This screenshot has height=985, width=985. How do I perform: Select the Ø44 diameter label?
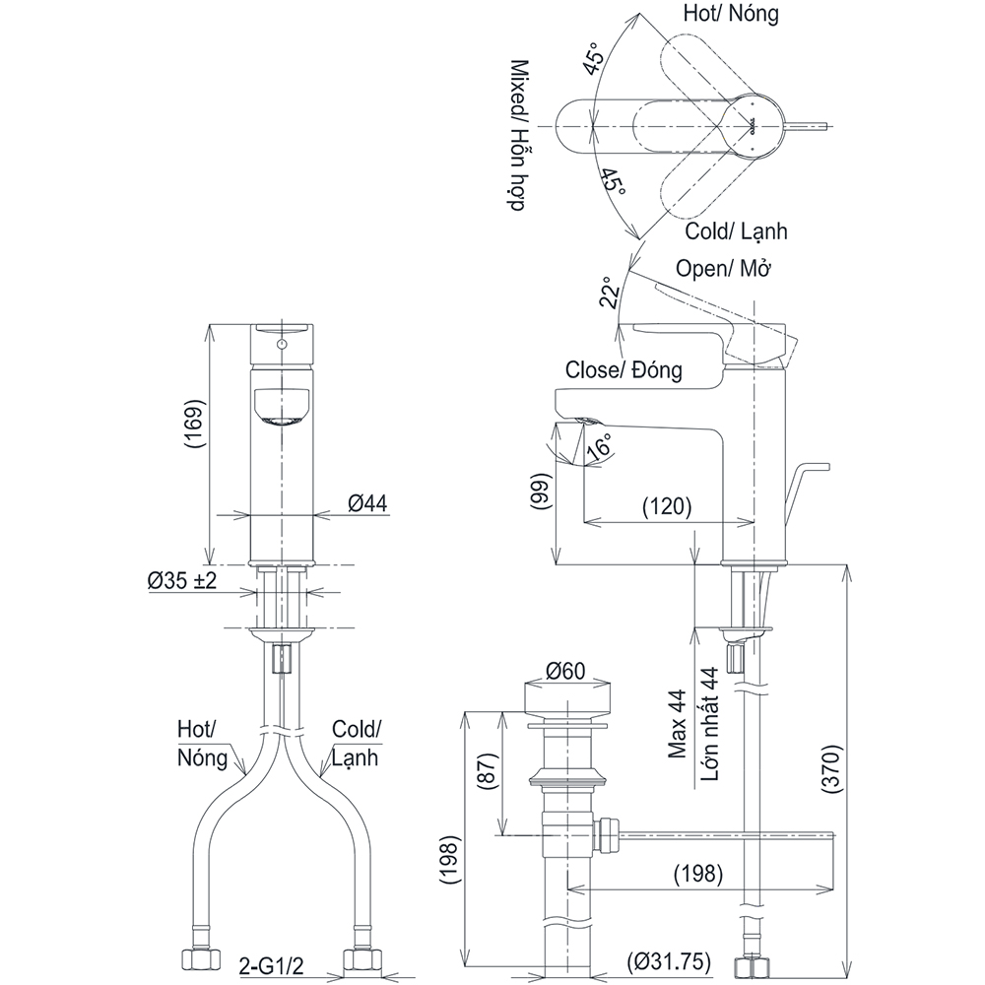pos(366,503)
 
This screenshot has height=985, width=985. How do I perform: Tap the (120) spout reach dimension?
pos(667,507)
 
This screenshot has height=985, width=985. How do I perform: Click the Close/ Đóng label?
pos(623,370)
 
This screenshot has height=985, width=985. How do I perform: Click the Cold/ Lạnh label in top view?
pos(736,231)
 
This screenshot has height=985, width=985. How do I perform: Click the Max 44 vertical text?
pos(678,724)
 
